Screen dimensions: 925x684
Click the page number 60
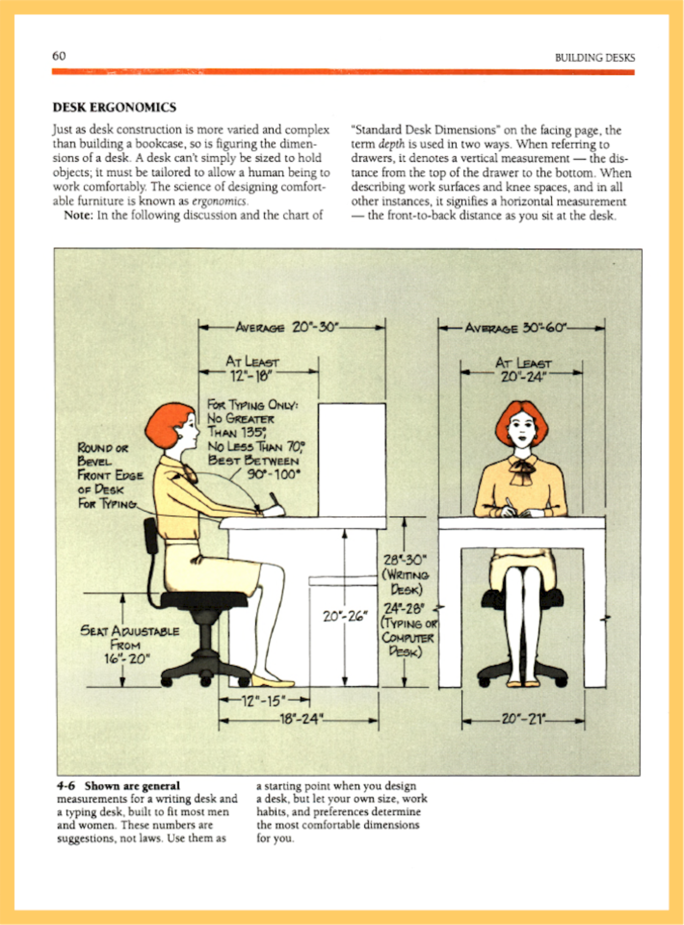[59, 56]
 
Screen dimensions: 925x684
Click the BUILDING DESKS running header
[594, 58]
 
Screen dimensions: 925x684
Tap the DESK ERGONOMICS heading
[115, 107]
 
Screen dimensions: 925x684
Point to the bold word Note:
[78, 215]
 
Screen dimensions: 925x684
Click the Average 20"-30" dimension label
[287, 328]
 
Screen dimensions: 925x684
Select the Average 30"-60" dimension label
[516, 328]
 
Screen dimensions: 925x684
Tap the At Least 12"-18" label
[252, 369]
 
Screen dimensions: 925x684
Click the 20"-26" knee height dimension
[345, 616]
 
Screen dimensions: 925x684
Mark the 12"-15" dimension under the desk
[263, 701]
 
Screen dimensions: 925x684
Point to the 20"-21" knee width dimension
[523, 719]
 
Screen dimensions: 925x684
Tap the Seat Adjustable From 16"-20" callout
[129, 645]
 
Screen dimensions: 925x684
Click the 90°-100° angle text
[273, 475]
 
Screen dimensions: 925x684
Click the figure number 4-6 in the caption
[66, 786]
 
